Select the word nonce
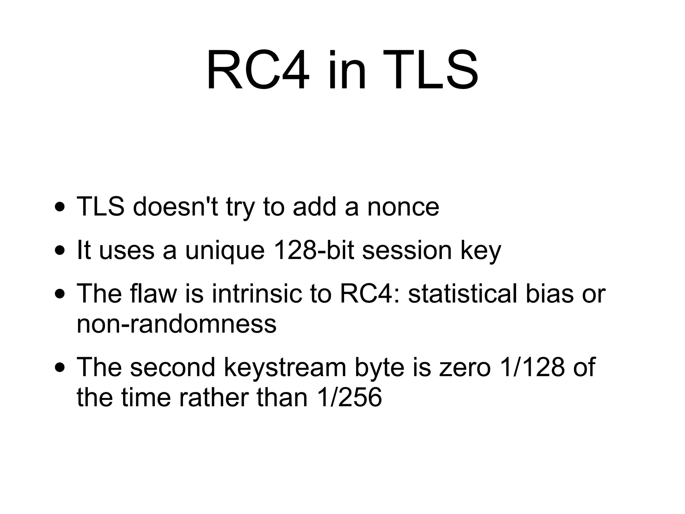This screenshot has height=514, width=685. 403,207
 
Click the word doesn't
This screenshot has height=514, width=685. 175,207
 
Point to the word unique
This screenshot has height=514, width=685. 225,251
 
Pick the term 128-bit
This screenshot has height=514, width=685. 313,250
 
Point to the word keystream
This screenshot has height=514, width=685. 285,367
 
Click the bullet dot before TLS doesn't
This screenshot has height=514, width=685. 60,207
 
